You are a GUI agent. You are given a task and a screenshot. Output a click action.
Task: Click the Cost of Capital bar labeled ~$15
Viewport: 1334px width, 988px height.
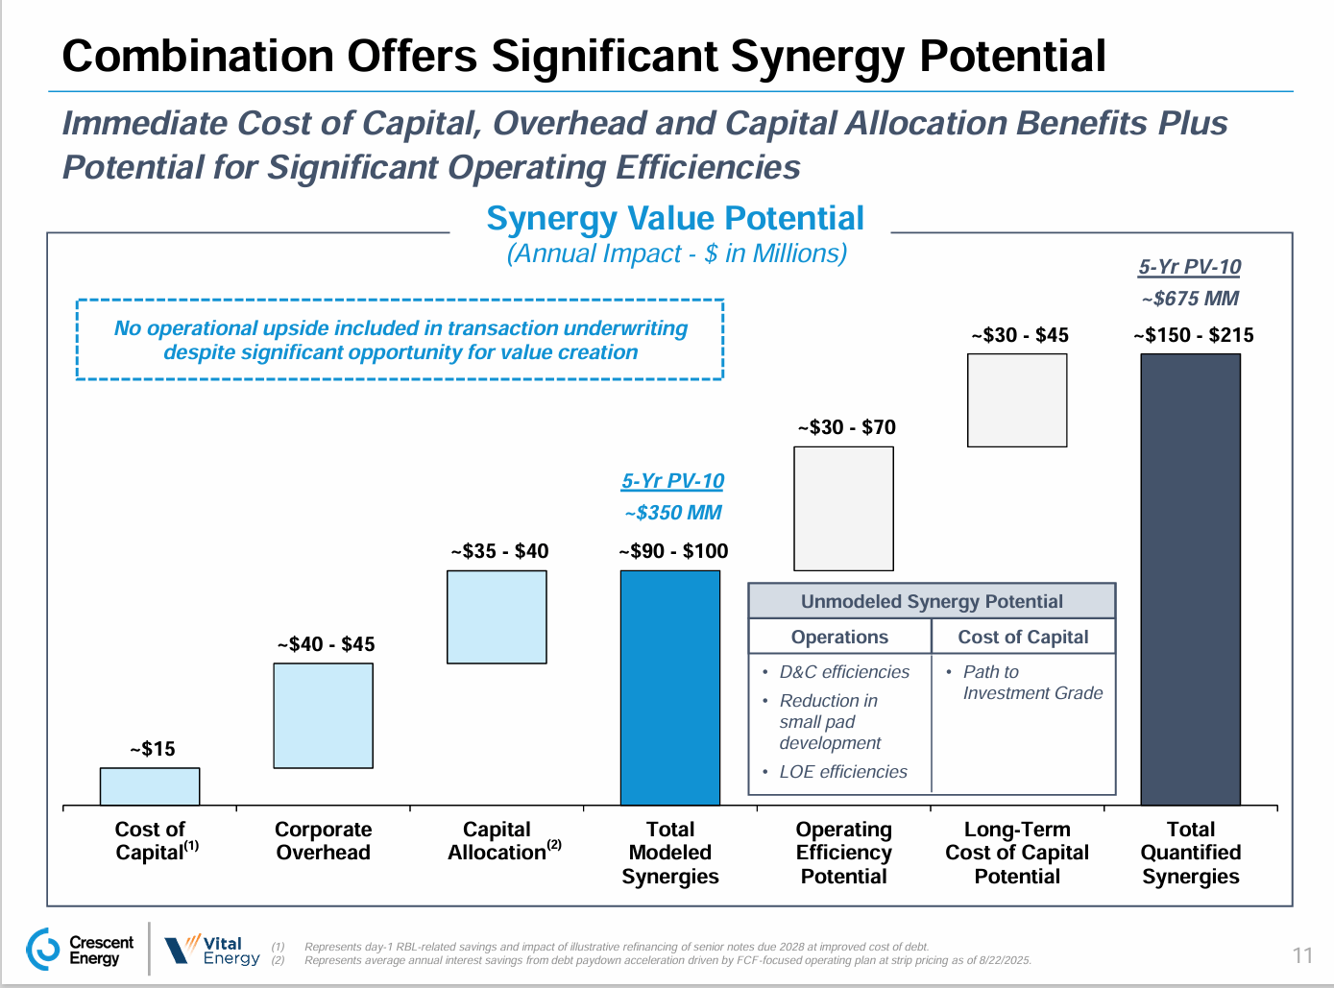coord(150,786)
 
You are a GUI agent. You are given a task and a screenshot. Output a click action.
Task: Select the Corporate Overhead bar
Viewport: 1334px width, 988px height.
coord(323,715)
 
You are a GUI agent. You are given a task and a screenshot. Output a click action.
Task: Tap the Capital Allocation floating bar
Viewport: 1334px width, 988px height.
coord(497,617)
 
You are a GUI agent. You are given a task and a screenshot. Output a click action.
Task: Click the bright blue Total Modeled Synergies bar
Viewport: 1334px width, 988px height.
coord(670,687)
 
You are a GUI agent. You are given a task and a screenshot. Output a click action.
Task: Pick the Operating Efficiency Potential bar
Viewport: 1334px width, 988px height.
coord(843,509)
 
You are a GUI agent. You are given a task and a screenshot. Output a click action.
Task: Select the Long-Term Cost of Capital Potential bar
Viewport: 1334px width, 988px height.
coord(1017,400)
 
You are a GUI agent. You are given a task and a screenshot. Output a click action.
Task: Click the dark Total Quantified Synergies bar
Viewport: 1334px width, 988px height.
coord(1190,579)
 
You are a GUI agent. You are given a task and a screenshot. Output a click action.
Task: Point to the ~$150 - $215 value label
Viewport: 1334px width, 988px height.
coord(1193,335)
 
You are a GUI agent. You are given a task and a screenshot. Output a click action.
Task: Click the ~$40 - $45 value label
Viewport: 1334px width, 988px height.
coord(327,644)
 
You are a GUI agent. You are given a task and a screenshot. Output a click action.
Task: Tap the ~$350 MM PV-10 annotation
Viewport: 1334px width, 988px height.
coord(672,513)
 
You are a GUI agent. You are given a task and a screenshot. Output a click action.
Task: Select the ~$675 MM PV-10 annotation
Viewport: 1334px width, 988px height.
coord(1190,299)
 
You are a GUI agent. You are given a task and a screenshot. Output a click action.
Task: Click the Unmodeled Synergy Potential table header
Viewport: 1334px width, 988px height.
coord(932,602)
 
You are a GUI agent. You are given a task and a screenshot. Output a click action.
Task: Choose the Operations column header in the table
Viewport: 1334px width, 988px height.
coord(839,638)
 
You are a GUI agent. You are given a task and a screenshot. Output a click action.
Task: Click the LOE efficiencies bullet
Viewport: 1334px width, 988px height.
coord(842,772)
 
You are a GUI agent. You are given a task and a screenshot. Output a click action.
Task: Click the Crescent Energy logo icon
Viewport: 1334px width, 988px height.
coord(43,950)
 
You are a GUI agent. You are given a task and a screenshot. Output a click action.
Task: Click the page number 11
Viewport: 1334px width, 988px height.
coord(1302,955)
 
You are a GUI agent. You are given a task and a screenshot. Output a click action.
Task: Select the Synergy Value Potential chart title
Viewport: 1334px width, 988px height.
coord(674,219)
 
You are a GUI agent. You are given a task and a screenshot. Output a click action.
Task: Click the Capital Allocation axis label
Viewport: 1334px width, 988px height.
coord(497,841)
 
